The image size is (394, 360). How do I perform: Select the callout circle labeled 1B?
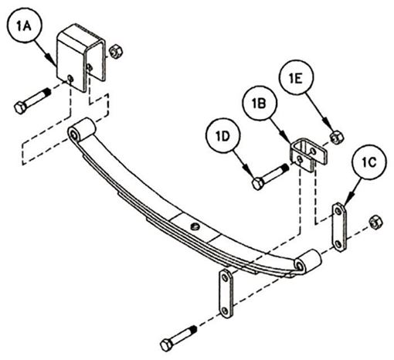pos(260,104)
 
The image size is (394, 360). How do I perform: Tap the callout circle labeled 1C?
pos(369,162)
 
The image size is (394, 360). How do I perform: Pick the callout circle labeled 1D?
pos(223,136)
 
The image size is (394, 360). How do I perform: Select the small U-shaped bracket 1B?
pos(308,154)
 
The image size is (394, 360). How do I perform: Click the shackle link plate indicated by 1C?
pos(339,226)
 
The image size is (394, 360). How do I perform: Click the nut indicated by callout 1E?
pos(337,138)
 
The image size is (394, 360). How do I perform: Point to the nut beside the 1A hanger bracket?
pos(116,52)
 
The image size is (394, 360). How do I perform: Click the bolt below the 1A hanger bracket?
pos(32,101)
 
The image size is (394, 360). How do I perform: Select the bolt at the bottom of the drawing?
pos(178,338)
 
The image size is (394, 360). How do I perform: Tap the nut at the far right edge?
pos(375,222)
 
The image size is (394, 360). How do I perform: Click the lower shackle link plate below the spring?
pos(226,294)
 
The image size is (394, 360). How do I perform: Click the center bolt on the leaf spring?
pos(195,226)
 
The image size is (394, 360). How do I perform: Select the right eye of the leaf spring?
pos(308,261)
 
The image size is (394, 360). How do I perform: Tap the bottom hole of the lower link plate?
pos(225,311)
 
